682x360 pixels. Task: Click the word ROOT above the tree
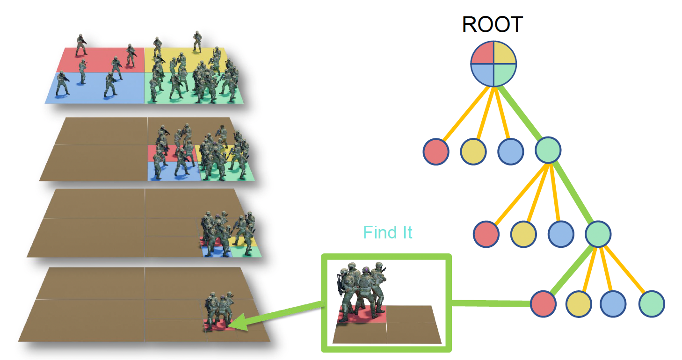pyautogui.click(x=492, y=24)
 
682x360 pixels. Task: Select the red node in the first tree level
pyautogui.click(x=436, y=151)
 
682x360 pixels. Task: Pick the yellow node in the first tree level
pyautogui.click(x=473, y=151)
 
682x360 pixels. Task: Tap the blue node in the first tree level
pyautogui.click(x=510, y=151)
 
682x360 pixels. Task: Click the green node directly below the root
pyautogui.click(x=548, y=150)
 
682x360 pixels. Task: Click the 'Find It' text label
pyautogui.click(x=388, y=232)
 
